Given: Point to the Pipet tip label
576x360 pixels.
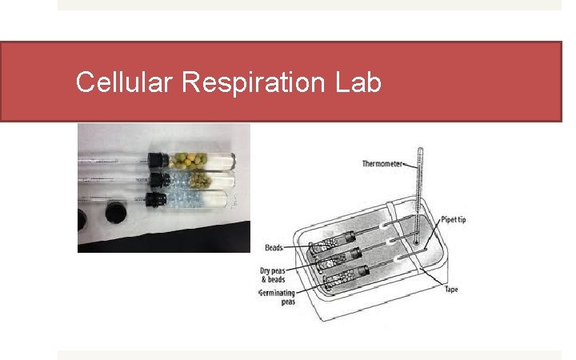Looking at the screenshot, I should click(452, 220).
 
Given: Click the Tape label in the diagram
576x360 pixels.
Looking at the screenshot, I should click(451, 289).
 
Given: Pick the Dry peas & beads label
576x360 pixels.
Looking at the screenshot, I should click(273, 274).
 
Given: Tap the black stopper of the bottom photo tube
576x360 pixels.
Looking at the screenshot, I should click(157, 197).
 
